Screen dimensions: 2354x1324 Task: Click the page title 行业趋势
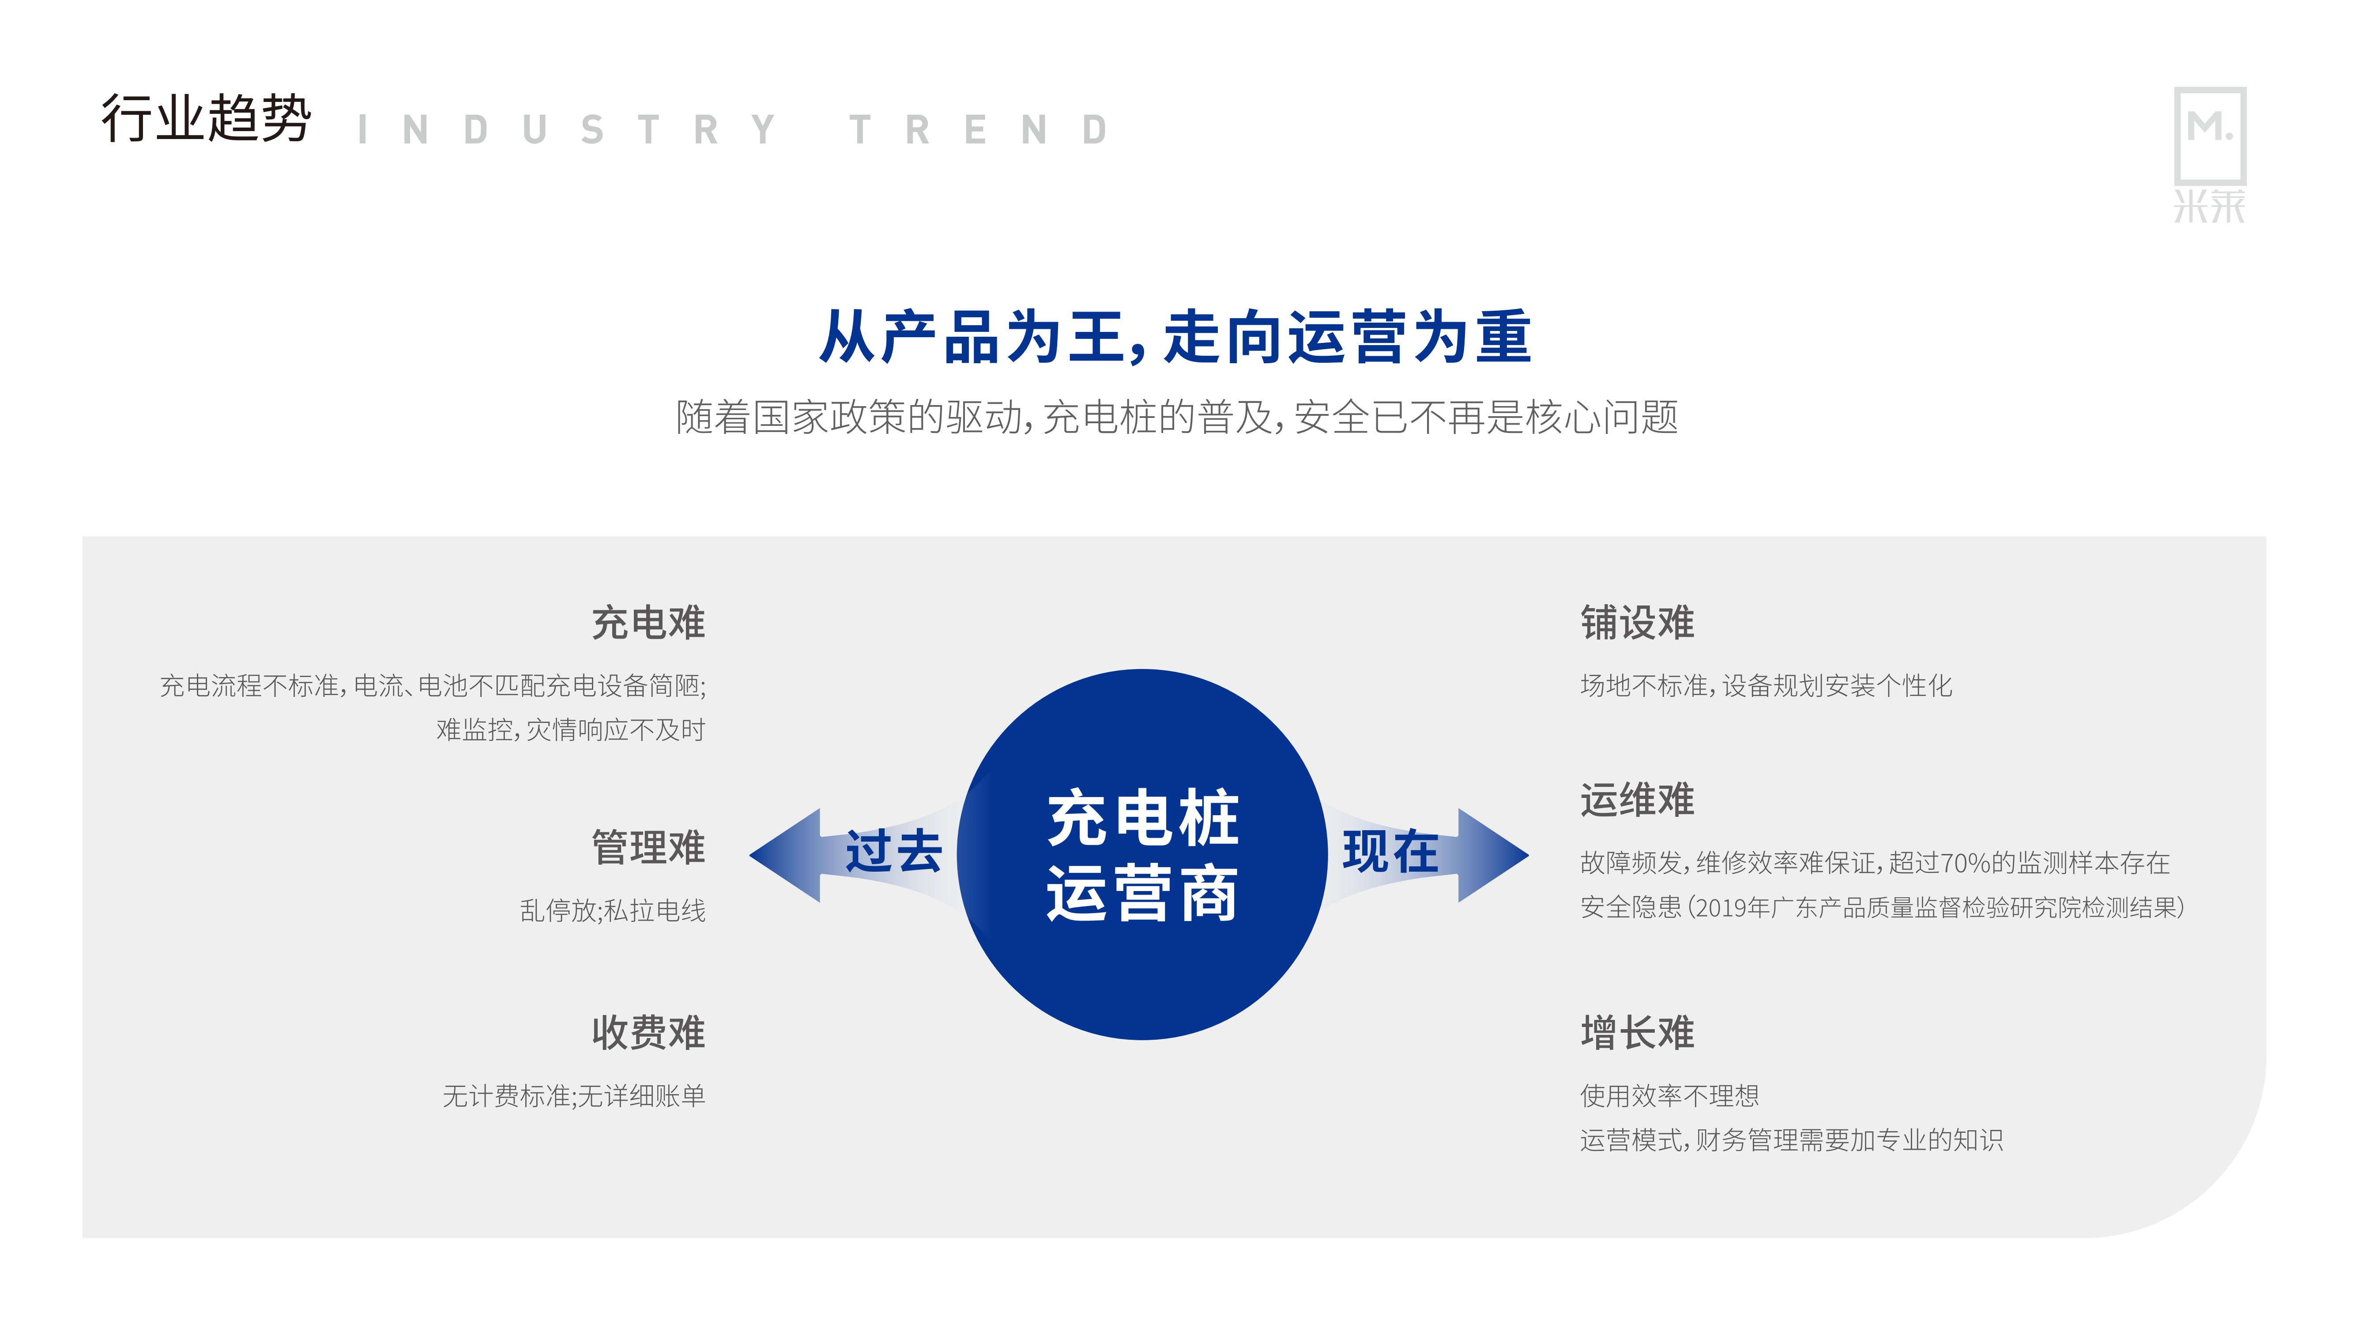(x=207, y=119)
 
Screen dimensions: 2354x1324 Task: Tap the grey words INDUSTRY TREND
(x=733, y=130)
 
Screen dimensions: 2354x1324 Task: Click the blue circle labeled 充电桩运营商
(x=1142, y=854)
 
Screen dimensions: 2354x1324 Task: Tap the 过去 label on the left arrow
(x=893, y=852)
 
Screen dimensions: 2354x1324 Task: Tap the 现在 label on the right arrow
(x=1390, y=852)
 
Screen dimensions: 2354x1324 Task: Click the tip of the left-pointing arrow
(x=750, y=855)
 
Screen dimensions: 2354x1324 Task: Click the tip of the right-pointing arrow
(x=1528, y=855)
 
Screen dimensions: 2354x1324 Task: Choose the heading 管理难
(x=648, y=847)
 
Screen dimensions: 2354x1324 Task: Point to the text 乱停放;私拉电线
(x=612, y=911)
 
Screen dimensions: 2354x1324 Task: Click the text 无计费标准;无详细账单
(x=574, y=1096)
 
